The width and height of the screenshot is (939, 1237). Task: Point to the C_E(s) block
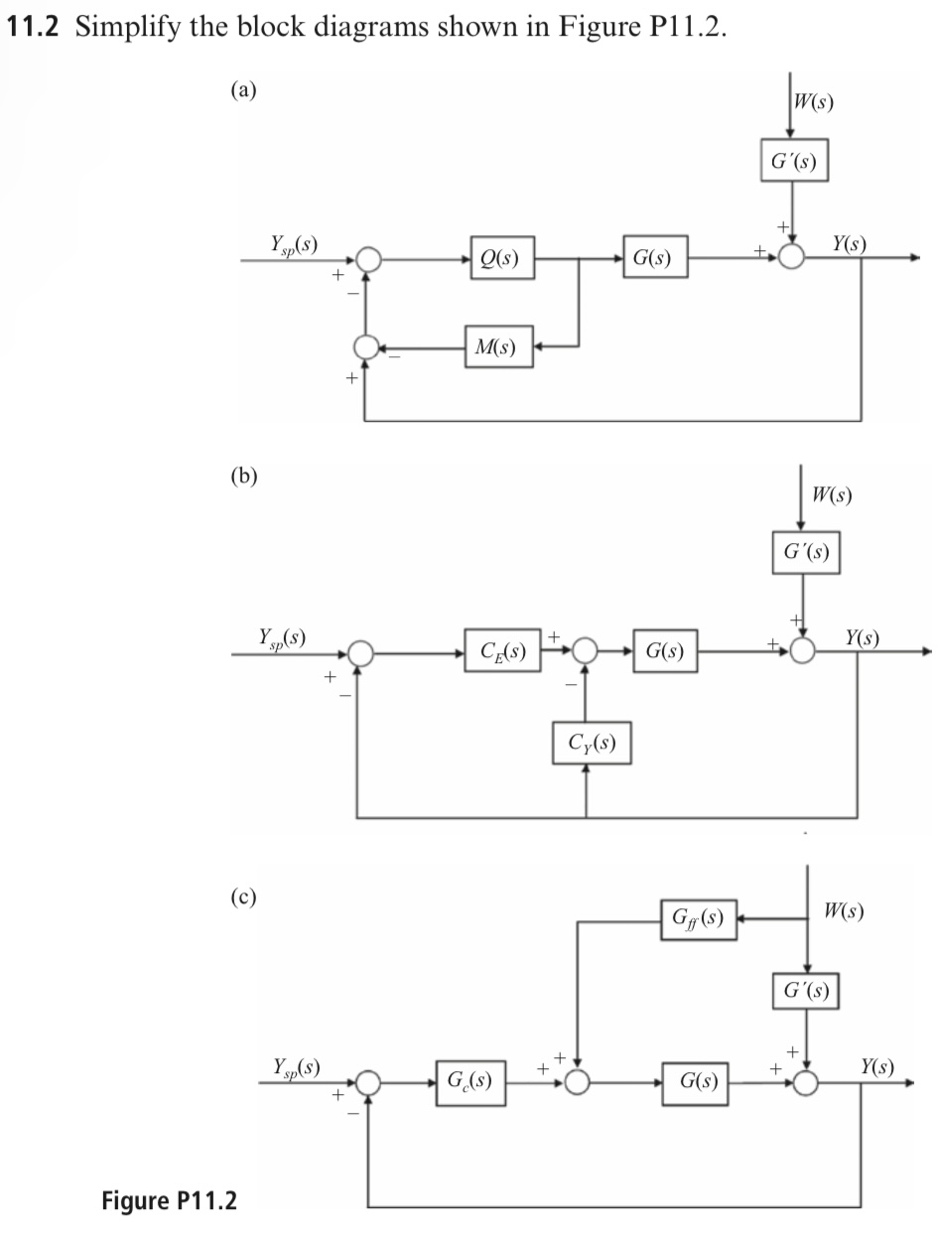tap(502, 652)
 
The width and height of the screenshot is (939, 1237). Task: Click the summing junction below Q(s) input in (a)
tap(366, 346)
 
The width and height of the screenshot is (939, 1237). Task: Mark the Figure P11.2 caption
tap(170, 1200)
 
